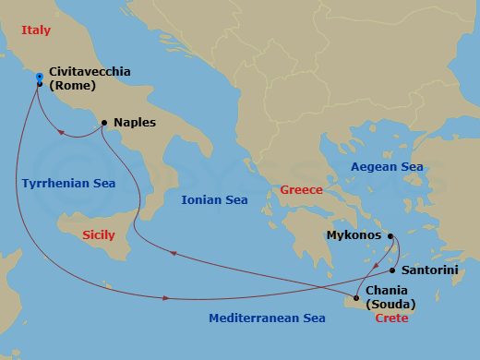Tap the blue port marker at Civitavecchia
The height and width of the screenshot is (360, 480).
(x=39, y=76)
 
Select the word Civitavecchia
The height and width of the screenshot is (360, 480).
(x=95, y=70)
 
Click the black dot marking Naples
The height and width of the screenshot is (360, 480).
(x=104, y=122)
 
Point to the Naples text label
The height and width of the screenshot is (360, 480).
(x=134, y=122)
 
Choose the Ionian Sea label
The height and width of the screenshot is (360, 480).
(x=213, y=199)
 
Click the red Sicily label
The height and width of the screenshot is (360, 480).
(x=101, y=235)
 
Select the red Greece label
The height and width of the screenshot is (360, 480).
(x=302, y=190)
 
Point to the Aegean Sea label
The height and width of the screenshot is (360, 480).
(x=386, y=167)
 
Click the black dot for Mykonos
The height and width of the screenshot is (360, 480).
(x=390, y=235)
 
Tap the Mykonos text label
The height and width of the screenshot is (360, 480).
(x=354, y=235)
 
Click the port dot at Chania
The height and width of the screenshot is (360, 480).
(x=356, y=297)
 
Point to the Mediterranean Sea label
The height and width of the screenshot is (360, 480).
(x=267, y=318)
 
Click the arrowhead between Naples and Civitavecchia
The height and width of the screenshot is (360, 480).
(x=61, y=131)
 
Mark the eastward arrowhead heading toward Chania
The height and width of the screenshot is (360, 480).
(x=166, y=298)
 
